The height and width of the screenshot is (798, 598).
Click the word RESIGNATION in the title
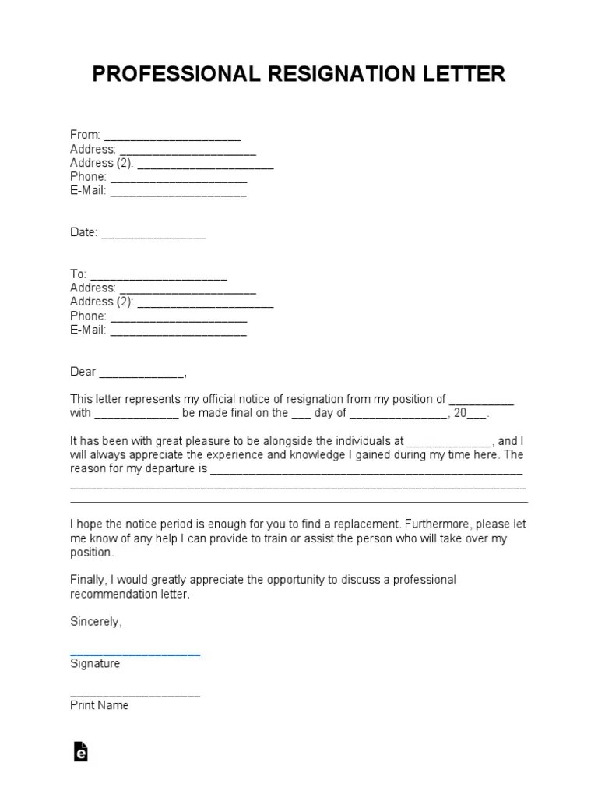pos(343,74)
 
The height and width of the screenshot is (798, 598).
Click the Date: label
pos(83,232)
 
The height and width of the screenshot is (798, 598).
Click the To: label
pos(78,274)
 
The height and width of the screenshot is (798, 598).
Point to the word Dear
pos(83,372)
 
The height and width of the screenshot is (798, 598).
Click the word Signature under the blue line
pos(95,664)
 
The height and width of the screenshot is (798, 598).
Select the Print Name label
pos(99,705)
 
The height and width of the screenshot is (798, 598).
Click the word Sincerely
pos(95,622)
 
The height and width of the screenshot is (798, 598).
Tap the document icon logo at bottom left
pos(80,750)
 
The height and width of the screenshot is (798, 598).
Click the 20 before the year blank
pos(459,413)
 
